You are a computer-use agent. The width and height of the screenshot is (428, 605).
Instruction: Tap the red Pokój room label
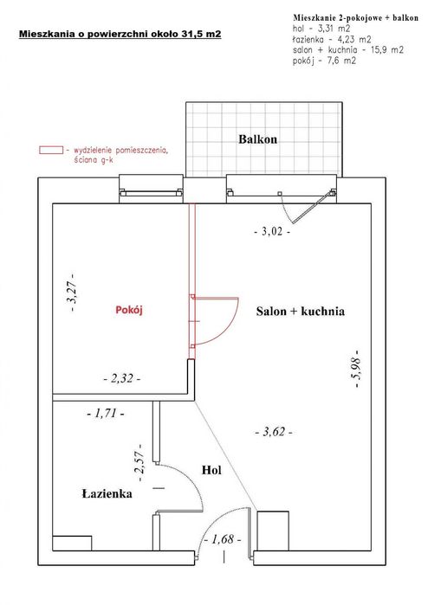coord(129,311)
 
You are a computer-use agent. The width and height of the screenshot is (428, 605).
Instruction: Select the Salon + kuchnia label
coord(300,312)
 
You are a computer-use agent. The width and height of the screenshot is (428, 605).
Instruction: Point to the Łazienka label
coord(107,494)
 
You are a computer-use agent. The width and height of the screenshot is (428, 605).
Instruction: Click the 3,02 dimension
coord(271,232)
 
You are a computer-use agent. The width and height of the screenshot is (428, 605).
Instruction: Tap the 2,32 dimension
coord(121,379)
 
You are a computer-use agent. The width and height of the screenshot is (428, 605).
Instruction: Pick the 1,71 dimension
coord(106,415)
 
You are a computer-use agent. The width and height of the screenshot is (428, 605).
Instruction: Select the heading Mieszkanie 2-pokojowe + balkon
coord(354,17)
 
